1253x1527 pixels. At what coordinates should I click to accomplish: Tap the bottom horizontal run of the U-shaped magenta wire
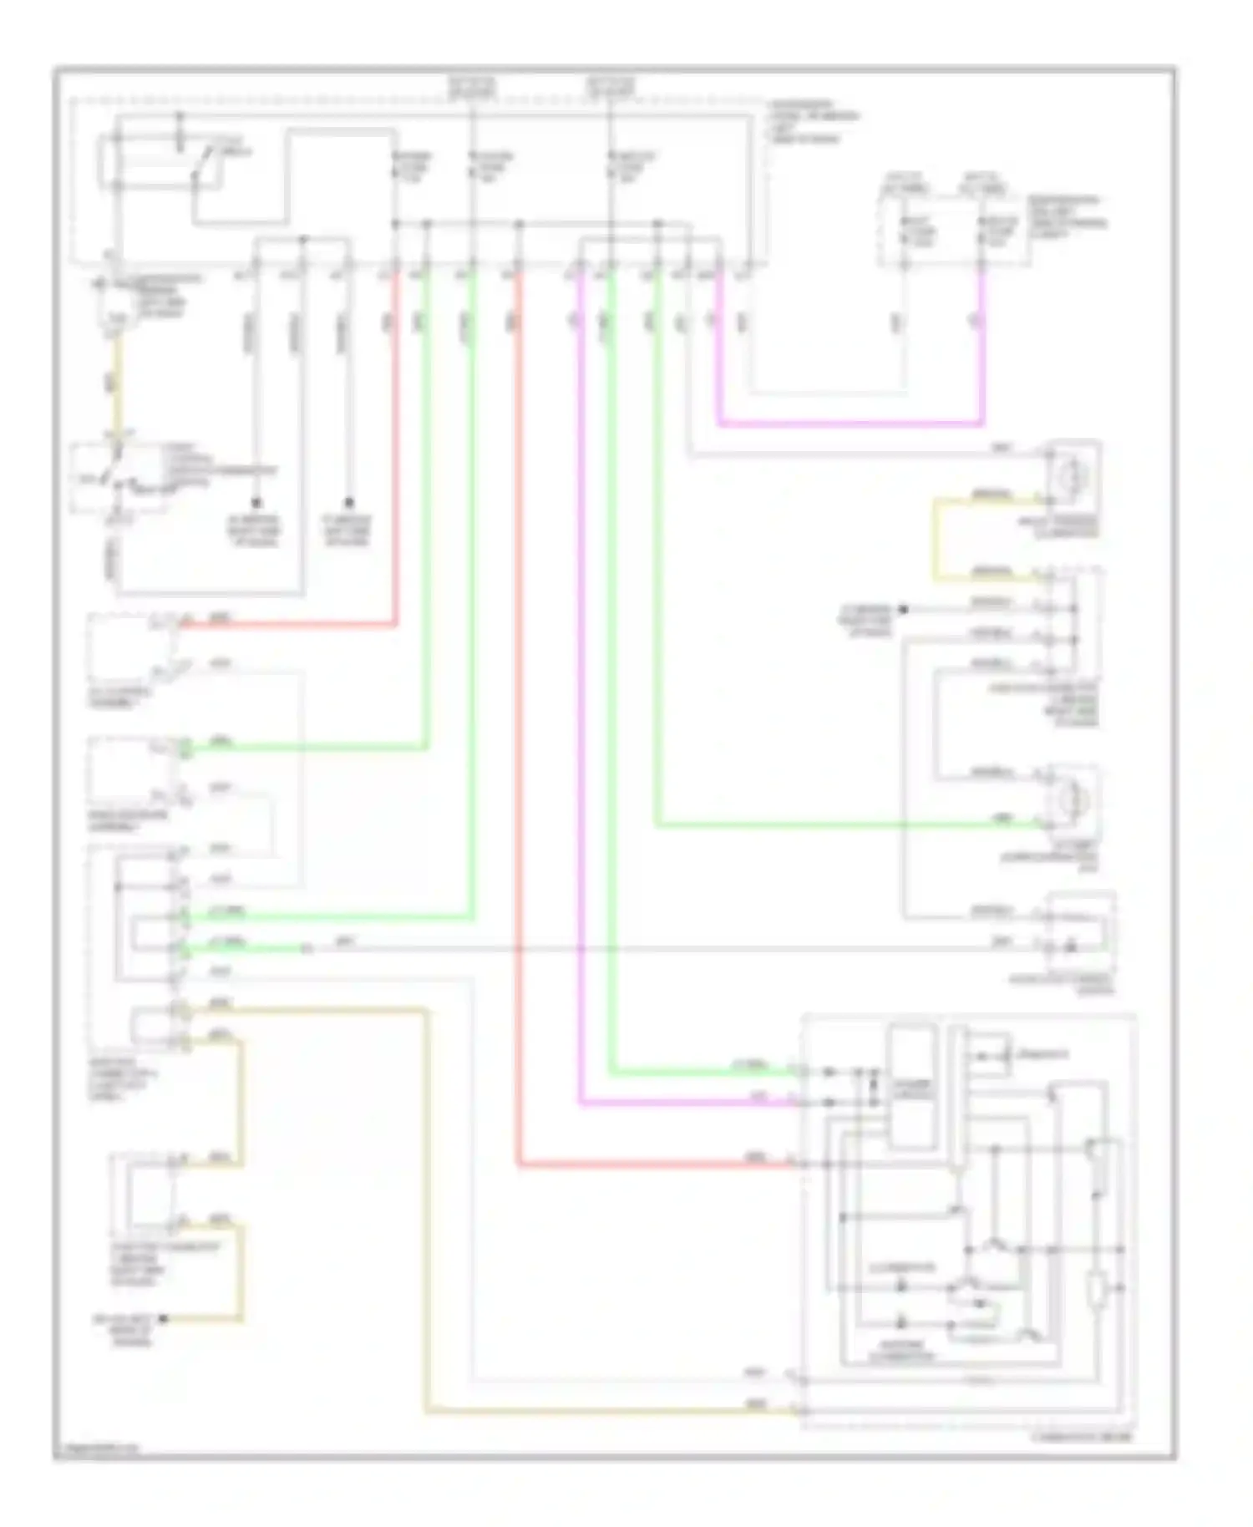coord(848,424)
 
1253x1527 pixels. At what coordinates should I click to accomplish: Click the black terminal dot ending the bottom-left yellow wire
coord(164,1318)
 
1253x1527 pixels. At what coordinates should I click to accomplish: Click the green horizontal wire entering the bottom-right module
coord(702,1071)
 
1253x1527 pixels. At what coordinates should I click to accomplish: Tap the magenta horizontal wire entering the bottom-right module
coord(685,1103)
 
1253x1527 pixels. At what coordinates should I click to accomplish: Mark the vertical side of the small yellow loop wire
coord(936,539)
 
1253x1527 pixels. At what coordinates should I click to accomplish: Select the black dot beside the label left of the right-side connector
coord(903,609)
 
